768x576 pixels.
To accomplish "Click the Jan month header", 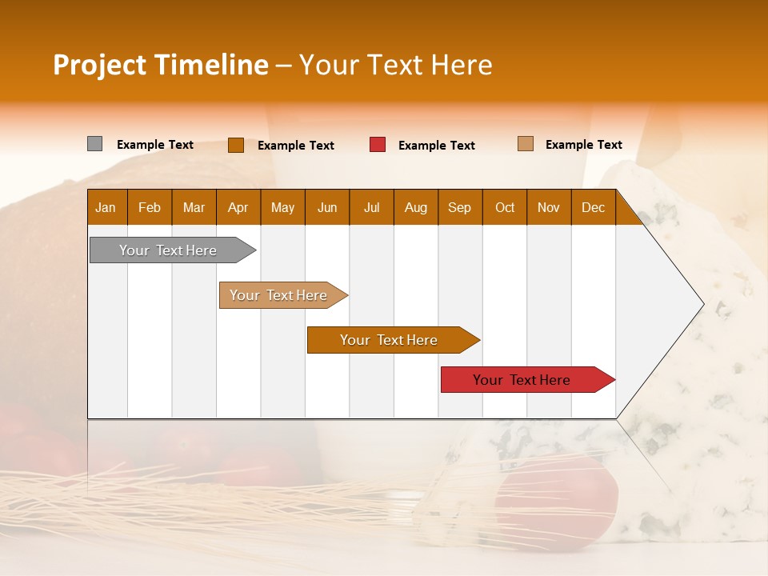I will pyautogui.click(x=106, y=207).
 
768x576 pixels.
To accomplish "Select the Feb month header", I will pyautogui.click(x=150, y=207).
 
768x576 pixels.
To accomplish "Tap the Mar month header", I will pyautogui.click(x=194, y=207).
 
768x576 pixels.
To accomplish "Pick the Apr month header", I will pyautogui.click(x=238, y=207).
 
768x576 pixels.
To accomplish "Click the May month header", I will pyautogui.click(x=282, y=207).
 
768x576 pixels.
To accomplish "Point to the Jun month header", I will pyautogui.click(x=327, y=207).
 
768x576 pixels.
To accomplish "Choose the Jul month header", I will pyautogui.click(x=371, y=207).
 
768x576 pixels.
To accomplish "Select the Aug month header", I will pyautogui.click(x=416, y=207).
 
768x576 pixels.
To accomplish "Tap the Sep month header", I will pyautogui.click(x=460, y=207).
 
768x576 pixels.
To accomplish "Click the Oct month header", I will pyautogui.click(x=505, y=207).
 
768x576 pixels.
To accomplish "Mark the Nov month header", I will pyautogui.click(x=549, y=207).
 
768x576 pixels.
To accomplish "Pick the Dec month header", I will pyautogui.click(x=594, y=207).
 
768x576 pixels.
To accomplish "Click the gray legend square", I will pyautogui.click(x=94, y=144).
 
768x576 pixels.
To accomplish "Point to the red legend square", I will pyautogui.click(x=378, y=145).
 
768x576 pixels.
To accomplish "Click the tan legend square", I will pyautogui.click(x=525, y=144).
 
